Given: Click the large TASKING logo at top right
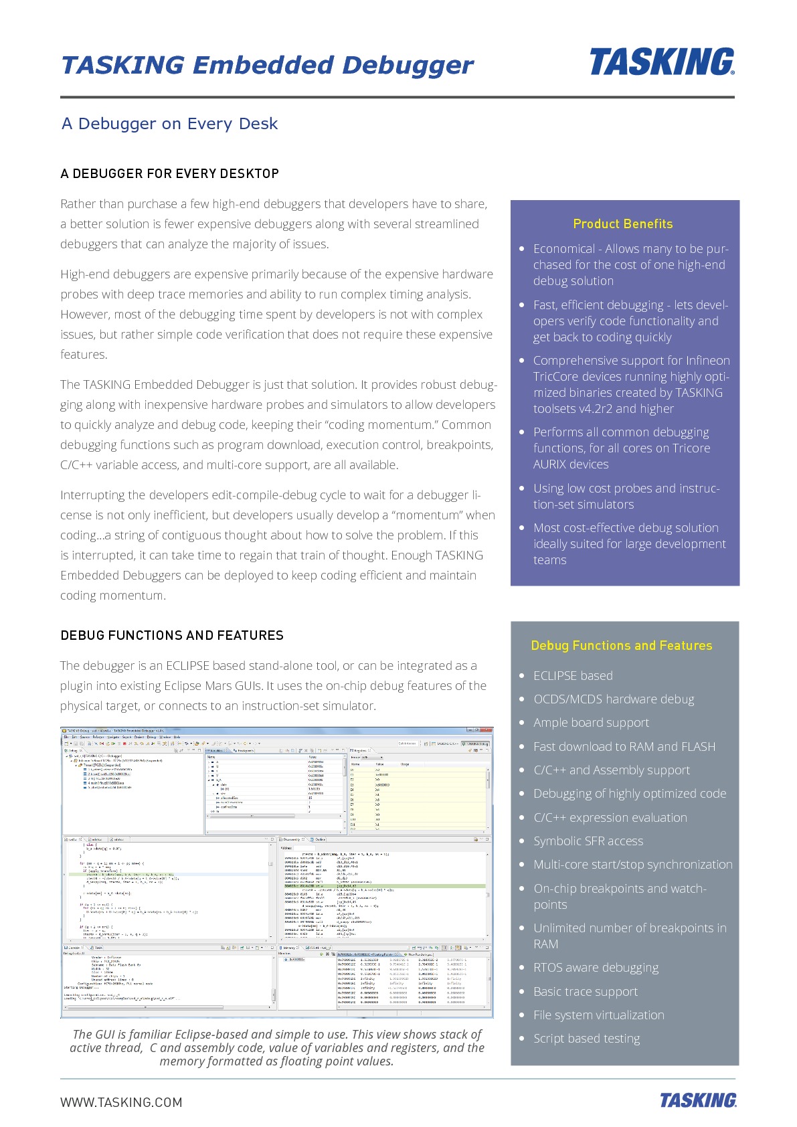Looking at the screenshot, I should pyautogui.click(x=661, y=62).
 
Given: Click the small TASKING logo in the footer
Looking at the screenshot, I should pyautogui.click(x=697, y=1100).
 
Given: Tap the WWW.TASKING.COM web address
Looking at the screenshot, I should pyautogui.click(x=121, y=1102).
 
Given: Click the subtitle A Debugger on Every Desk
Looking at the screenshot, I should pyautogui.click(x=169, y=124).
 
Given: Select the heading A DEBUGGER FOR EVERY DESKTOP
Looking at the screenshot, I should pyautogui.click(x=169, y=174).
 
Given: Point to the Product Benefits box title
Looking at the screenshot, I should pyautogui.click(x=622, y=224).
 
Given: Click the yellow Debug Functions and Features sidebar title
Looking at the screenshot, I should pyautogui.click(x=621, y=646).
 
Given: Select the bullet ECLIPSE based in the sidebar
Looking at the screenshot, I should pyautogui.click(x=573, y=676).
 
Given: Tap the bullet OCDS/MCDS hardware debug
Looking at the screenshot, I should pyautogui.click(x=613, y=699).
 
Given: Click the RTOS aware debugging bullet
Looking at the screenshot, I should pyautogui.click(x=596, y=968).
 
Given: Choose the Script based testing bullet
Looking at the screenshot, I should pyautogui.click(x=586, y=1039).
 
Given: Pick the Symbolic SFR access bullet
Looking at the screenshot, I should pyautogui.click(x=588, y=841).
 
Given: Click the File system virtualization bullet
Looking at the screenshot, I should pyautogui.click(x=598, y=1015).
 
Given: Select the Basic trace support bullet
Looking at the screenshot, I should pyautogui.click(x=585, y=992).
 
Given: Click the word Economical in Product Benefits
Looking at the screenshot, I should pyautogui.click(x=563, y=249).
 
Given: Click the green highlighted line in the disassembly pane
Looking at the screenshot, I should pyautogui.click(x=381, y=885).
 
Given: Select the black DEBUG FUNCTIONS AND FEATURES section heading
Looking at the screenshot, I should pyautogui.click(x=172, y=636).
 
